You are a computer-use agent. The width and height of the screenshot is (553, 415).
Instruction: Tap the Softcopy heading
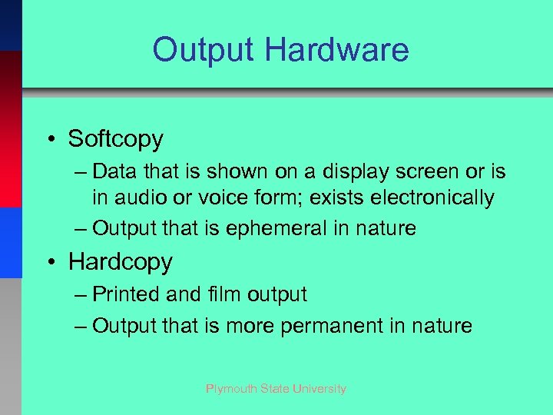[116, 139]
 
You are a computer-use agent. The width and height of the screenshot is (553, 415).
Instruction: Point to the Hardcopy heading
[121, 262]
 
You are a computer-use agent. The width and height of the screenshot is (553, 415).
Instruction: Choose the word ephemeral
[291, 228]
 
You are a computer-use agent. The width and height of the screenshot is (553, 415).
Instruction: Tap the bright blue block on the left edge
[11, 242]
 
